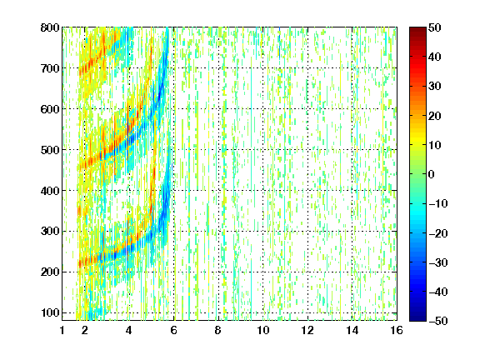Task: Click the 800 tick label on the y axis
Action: point(50,27)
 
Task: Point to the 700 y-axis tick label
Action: point(50,68)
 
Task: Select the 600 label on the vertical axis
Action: point(50,109)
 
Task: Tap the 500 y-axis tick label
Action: point(50,150)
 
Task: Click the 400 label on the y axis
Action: point(50,191)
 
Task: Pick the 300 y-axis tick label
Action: point(50,232)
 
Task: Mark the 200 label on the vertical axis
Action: point(50,272)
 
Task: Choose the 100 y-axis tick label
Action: point(50,312)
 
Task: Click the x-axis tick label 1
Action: point(62,331)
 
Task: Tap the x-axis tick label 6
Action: point(174,331)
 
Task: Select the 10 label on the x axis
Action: point(263,331)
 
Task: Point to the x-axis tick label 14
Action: point(352,331)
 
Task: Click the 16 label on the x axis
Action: point(397,331)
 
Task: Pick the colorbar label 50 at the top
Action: point(434,27)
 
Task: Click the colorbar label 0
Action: point(432,174)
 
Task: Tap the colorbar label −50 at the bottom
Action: point(438,321)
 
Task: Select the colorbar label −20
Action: point(438,233)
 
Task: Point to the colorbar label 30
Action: point(434,87)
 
